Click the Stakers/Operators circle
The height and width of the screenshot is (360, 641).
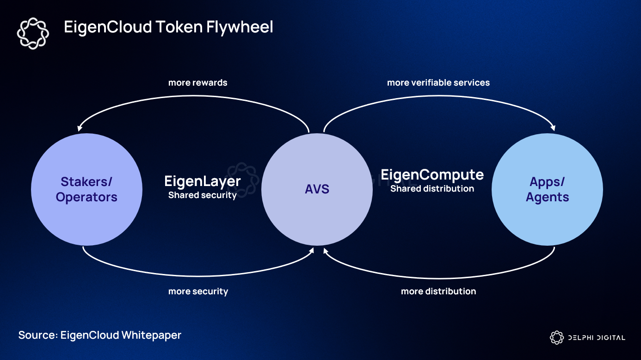click(x=86, y=190)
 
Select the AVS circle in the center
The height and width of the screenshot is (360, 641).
click(x=317, y=190)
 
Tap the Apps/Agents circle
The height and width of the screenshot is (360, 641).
click(x=547, y=190)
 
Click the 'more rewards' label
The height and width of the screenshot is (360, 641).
click(x=197, y=83)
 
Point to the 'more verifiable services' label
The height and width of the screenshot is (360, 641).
click(x=438, y=83)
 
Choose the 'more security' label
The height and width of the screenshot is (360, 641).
click(x=198, y=292)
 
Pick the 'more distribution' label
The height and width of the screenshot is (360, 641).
click(x=438, y=292)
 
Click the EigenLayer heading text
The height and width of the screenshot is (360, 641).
click(x=203, y=181)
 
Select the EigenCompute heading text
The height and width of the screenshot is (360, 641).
click(x=432, y=175)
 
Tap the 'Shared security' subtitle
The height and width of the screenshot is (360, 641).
click(x=203, y=195)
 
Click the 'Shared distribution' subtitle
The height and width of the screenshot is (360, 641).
click(x=432, y=189)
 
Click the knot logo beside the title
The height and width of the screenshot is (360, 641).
click(x=32, y=33)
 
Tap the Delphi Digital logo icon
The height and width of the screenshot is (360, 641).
click(x=556, y=338)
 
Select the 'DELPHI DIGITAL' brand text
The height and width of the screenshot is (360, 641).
click(x=596, y=338)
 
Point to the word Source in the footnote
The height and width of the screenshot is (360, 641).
click(x=37, y=335)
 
